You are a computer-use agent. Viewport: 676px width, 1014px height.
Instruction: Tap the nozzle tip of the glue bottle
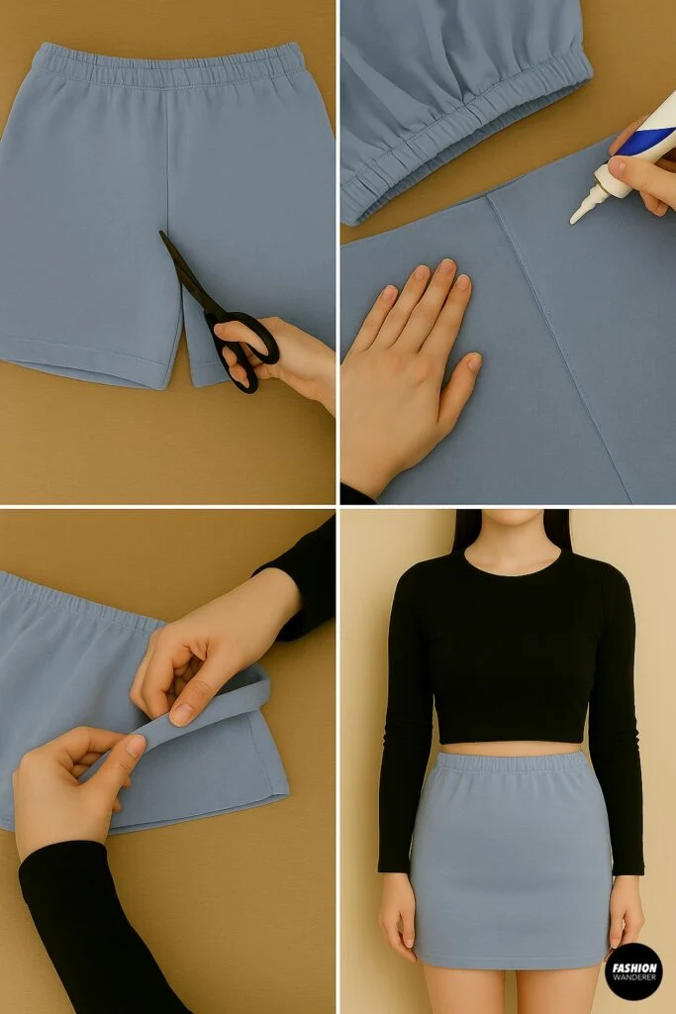575,216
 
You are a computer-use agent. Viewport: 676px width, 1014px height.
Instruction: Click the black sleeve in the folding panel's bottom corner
79,931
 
